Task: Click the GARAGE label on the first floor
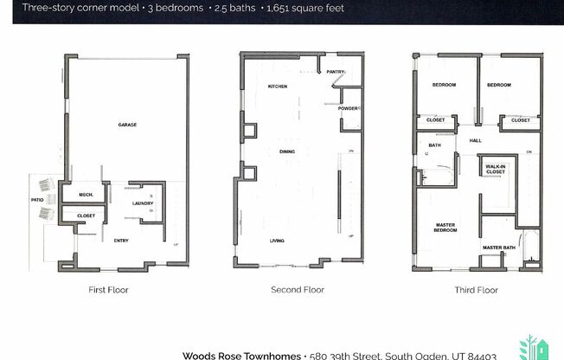[x=127, y=125]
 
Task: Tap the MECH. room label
[x=86, y=195]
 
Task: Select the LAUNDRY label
[x=143, y=203]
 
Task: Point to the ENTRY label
[x=121, y=241]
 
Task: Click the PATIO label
[x=37, y=199]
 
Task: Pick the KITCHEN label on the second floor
[x=277, y=87]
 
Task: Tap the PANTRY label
[x=336, y=72]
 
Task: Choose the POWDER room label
[x=348, y=108]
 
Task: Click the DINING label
[x=287, y=152]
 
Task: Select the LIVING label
[x=278, y=241]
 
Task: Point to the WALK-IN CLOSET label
[x=495, y=169]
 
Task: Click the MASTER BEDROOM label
[x=445, y=229]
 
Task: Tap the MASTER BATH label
[x=498, y=248]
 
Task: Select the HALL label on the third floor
[x=476, y=140]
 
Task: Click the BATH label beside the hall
[x=434, y=145]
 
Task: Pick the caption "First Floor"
[x=109, y=290]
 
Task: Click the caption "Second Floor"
[x=298, y=290]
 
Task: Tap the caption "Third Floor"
[x=476, y=290]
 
